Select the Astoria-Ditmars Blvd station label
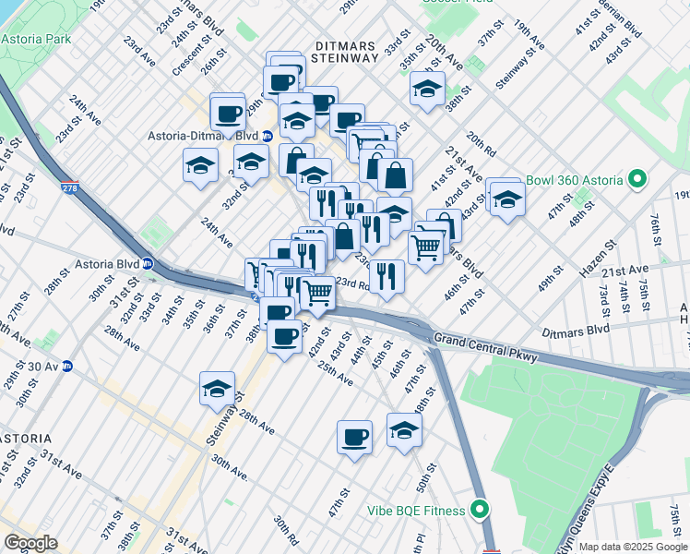[x=203, y=136]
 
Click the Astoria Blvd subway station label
[x=112, y=263]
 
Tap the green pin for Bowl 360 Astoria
[x=636, y=180]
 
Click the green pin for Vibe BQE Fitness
[x=479, y=509]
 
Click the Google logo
[x=30, y=543]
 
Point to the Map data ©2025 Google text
[x=633, y=547]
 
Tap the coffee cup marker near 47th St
[x=354, y=436]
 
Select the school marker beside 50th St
[x=404, y=429]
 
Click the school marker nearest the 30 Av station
[x=217, y=388]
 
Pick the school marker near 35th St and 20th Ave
[x=427, y=89]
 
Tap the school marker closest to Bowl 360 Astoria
[x=506, y=198]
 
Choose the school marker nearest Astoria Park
[x=200, y=166]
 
